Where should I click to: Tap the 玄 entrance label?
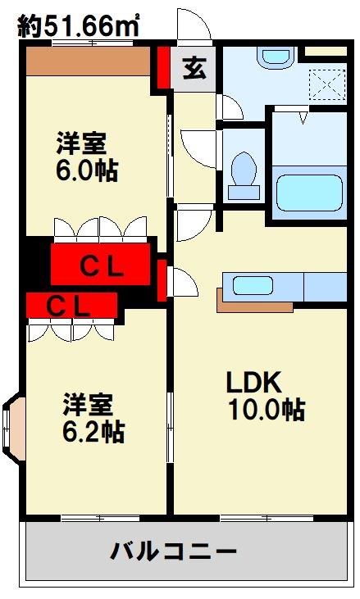(194, 69)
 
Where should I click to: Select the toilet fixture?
(244, 173)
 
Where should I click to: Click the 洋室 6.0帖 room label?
(85, 157)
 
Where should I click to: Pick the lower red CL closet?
(69, 306)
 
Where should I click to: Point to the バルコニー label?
(174, 550)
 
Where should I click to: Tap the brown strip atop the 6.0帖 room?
(87, 60)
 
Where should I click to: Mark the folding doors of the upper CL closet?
(100, 229)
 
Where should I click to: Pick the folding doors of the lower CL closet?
(69, 330)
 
